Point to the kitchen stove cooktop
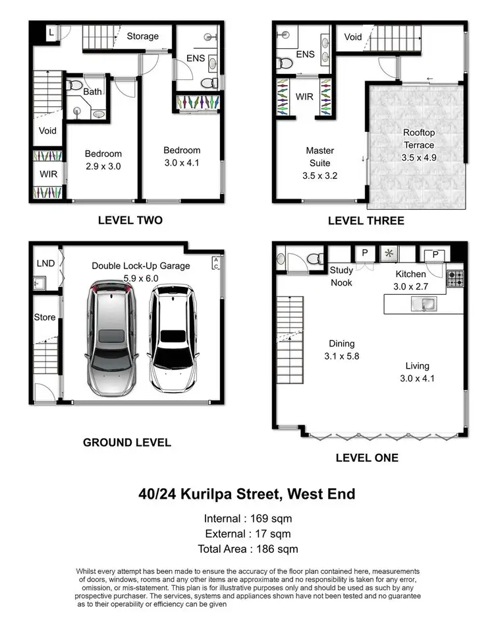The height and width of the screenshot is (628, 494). click(456, 278)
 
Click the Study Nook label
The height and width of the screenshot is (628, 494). click(341, 276)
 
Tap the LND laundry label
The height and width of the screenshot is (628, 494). click(44, 263)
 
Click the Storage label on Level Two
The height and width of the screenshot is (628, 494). click(143, 36)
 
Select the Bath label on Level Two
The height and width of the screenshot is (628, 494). click(92, 92)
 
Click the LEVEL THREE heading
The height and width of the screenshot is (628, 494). click(366, 220)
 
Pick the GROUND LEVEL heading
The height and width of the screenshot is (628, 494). click(126, 443)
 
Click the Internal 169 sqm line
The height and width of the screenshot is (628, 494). click(248, 518)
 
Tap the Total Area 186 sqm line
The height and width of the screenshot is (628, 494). click(248, 549)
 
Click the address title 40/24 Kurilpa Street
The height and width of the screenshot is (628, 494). click(247, 493)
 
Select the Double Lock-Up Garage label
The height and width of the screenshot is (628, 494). click(140, 272)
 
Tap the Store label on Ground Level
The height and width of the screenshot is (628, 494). click(45, 317)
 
